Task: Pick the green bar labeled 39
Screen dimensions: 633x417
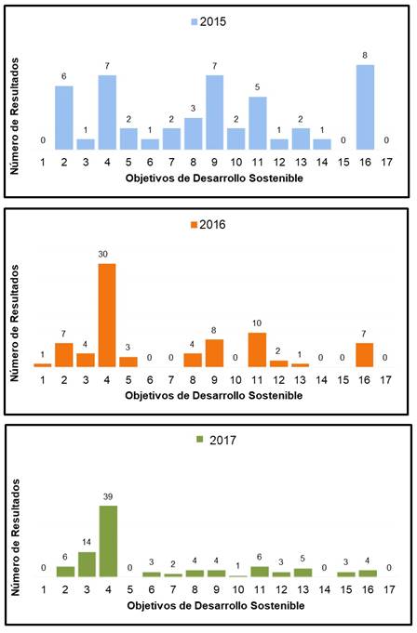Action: [108, 541]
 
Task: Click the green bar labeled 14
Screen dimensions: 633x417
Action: [87, 564]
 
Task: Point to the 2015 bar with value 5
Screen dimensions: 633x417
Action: [258, 123]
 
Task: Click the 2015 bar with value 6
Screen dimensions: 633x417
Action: [64, 117]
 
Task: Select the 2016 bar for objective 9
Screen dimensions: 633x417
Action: [215, 353]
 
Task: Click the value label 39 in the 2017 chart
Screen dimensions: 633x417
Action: [108, 497]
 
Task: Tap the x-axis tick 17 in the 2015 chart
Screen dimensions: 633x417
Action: [386, 163]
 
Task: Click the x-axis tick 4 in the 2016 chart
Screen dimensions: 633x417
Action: [108, 381]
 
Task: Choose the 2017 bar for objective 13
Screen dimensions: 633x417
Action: [301, 573]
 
